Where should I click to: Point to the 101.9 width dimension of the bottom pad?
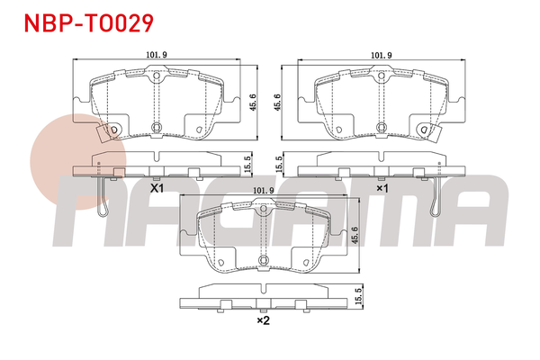(x=263, y=190)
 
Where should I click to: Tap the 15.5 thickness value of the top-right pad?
(x=278, y=165)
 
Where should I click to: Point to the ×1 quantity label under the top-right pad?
(x=381, y=189)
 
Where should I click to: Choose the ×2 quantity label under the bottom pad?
(x=263, y=319)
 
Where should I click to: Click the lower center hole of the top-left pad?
(x=156, y=126)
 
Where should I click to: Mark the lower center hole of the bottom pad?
(x=263, y=261)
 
